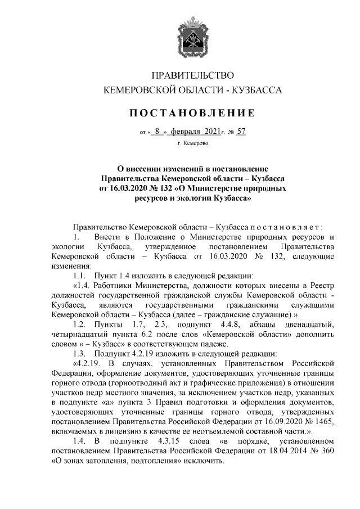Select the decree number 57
tap(242, 132)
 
